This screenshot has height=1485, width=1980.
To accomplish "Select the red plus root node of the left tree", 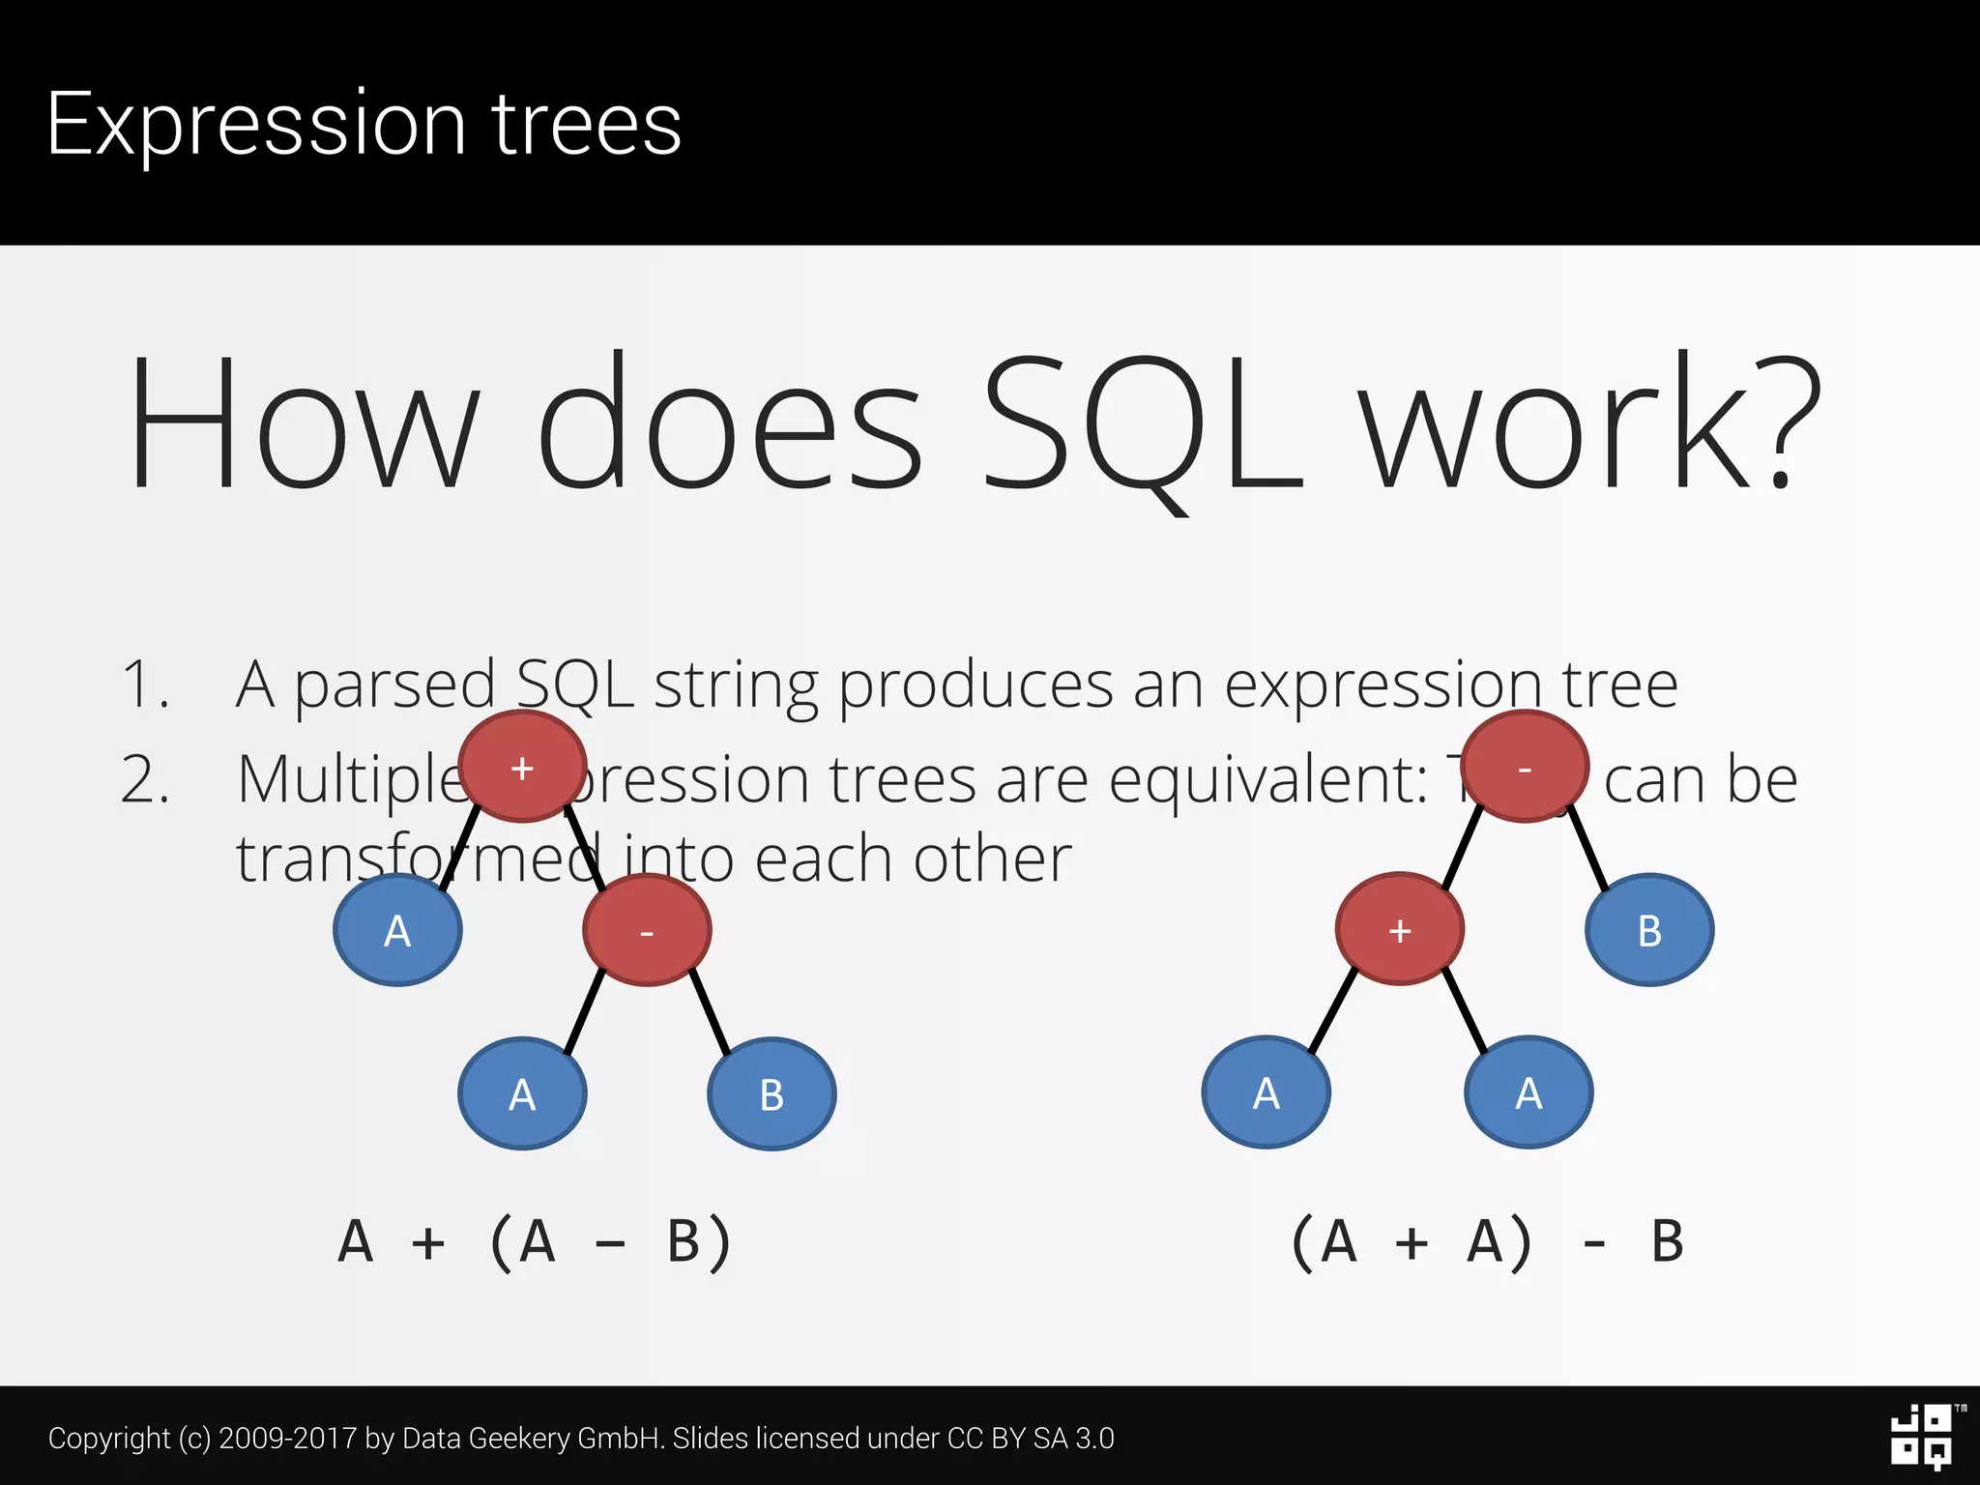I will point(522,767).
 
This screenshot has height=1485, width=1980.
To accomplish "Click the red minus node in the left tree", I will point(647,930).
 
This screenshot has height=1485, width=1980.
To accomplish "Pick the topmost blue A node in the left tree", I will point(397,930).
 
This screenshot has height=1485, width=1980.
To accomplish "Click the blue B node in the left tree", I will point(772,1093).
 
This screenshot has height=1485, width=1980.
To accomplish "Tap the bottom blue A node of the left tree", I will point(522,1093).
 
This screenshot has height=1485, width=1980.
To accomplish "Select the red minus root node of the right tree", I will point(1525,767).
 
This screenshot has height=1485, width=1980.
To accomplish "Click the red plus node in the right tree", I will point(1399,929).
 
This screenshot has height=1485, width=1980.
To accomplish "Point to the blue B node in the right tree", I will point(1649,930).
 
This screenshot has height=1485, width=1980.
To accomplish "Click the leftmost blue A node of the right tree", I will point(1266,1092).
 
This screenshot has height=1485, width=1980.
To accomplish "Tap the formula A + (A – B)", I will point(535,1242).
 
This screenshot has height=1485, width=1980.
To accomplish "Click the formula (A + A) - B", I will point(1487,1242).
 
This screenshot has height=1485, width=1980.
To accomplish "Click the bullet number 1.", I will point(145,684).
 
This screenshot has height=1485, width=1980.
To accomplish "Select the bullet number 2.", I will point(145,779).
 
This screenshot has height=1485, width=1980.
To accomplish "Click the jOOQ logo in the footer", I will point(1922,1437).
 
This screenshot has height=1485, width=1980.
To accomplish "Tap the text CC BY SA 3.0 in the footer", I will point(1030,1439).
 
